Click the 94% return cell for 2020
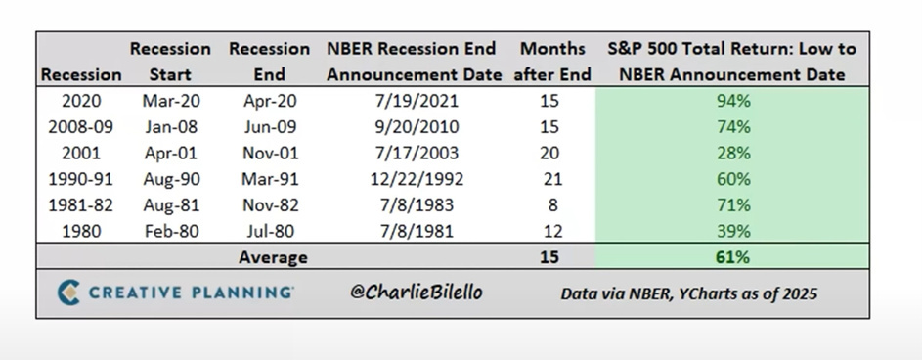[x=733, y=101]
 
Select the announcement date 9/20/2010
[x=417, y=127]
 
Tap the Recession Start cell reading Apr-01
[x=170, y=153]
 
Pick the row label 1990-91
[x=80, y=179]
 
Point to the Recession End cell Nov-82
[x=271, y=204]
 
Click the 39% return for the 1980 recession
[x=733, y=231]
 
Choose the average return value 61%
[x=732, y=257]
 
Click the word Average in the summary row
[x=273, y=257]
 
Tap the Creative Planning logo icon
[x=68, y=292]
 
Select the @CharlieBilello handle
[x=416, y=292]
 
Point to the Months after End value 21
[x=552, y=179]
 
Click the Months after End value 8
[x=552, y=204]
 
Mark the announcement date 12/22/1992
[x=417, y=179]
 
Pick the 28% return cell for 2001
[x=733, y=153]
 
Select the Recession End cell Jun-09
[x=270, y=127]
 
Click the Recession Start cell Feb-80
[x=170, y=231]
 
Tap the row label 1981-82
[x=80, y=204]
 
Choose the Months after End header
[x=552, y=62]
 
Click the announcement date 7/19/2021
[x=417, y=101]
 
